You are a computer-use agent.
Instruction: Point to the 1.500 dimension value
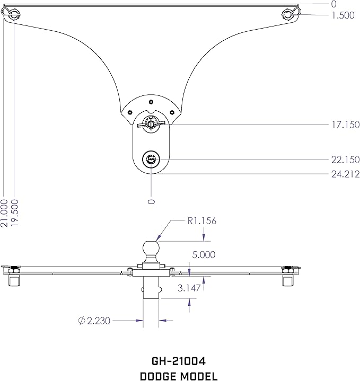tap(343, 15)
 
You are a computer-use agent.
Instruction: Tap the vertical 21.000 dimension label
tap(5, 213)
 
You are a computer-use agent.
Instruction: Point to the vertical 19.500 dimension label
tap(15, 213)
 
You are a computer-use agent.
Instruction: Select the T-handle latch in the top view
tap(151, 124)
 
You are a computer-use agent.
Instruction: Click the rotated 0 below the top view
tap(152, 201)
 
